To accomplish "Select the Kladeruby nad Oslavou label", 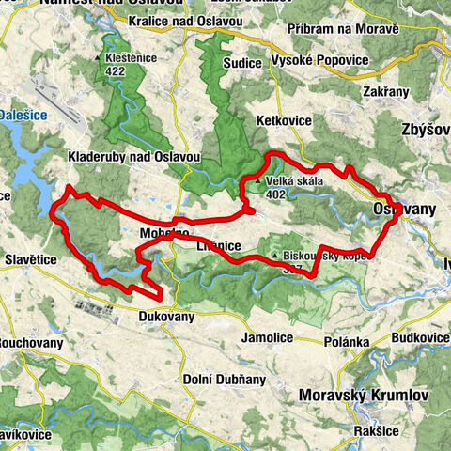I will pos(122,156).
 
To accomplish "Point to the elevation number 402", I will pos(275,195).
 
